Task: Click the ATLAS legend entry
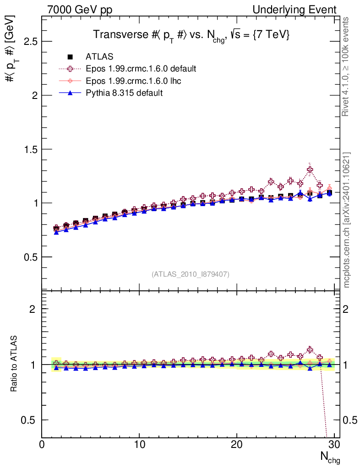99,57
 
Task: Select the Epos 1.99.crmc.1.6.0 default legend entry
141,69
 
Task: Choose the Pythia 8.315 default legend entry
124,93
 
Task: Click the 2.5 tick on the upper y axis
30,42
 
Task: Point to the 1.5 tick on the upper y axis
30,149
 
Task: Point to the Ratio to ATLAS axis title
15,364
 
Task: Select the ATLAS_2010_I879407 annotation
191,274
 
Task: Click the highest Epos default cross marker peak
310,170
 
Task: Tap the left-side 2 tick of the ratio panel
33,309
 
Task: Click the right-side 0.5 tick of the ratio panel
349,420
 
